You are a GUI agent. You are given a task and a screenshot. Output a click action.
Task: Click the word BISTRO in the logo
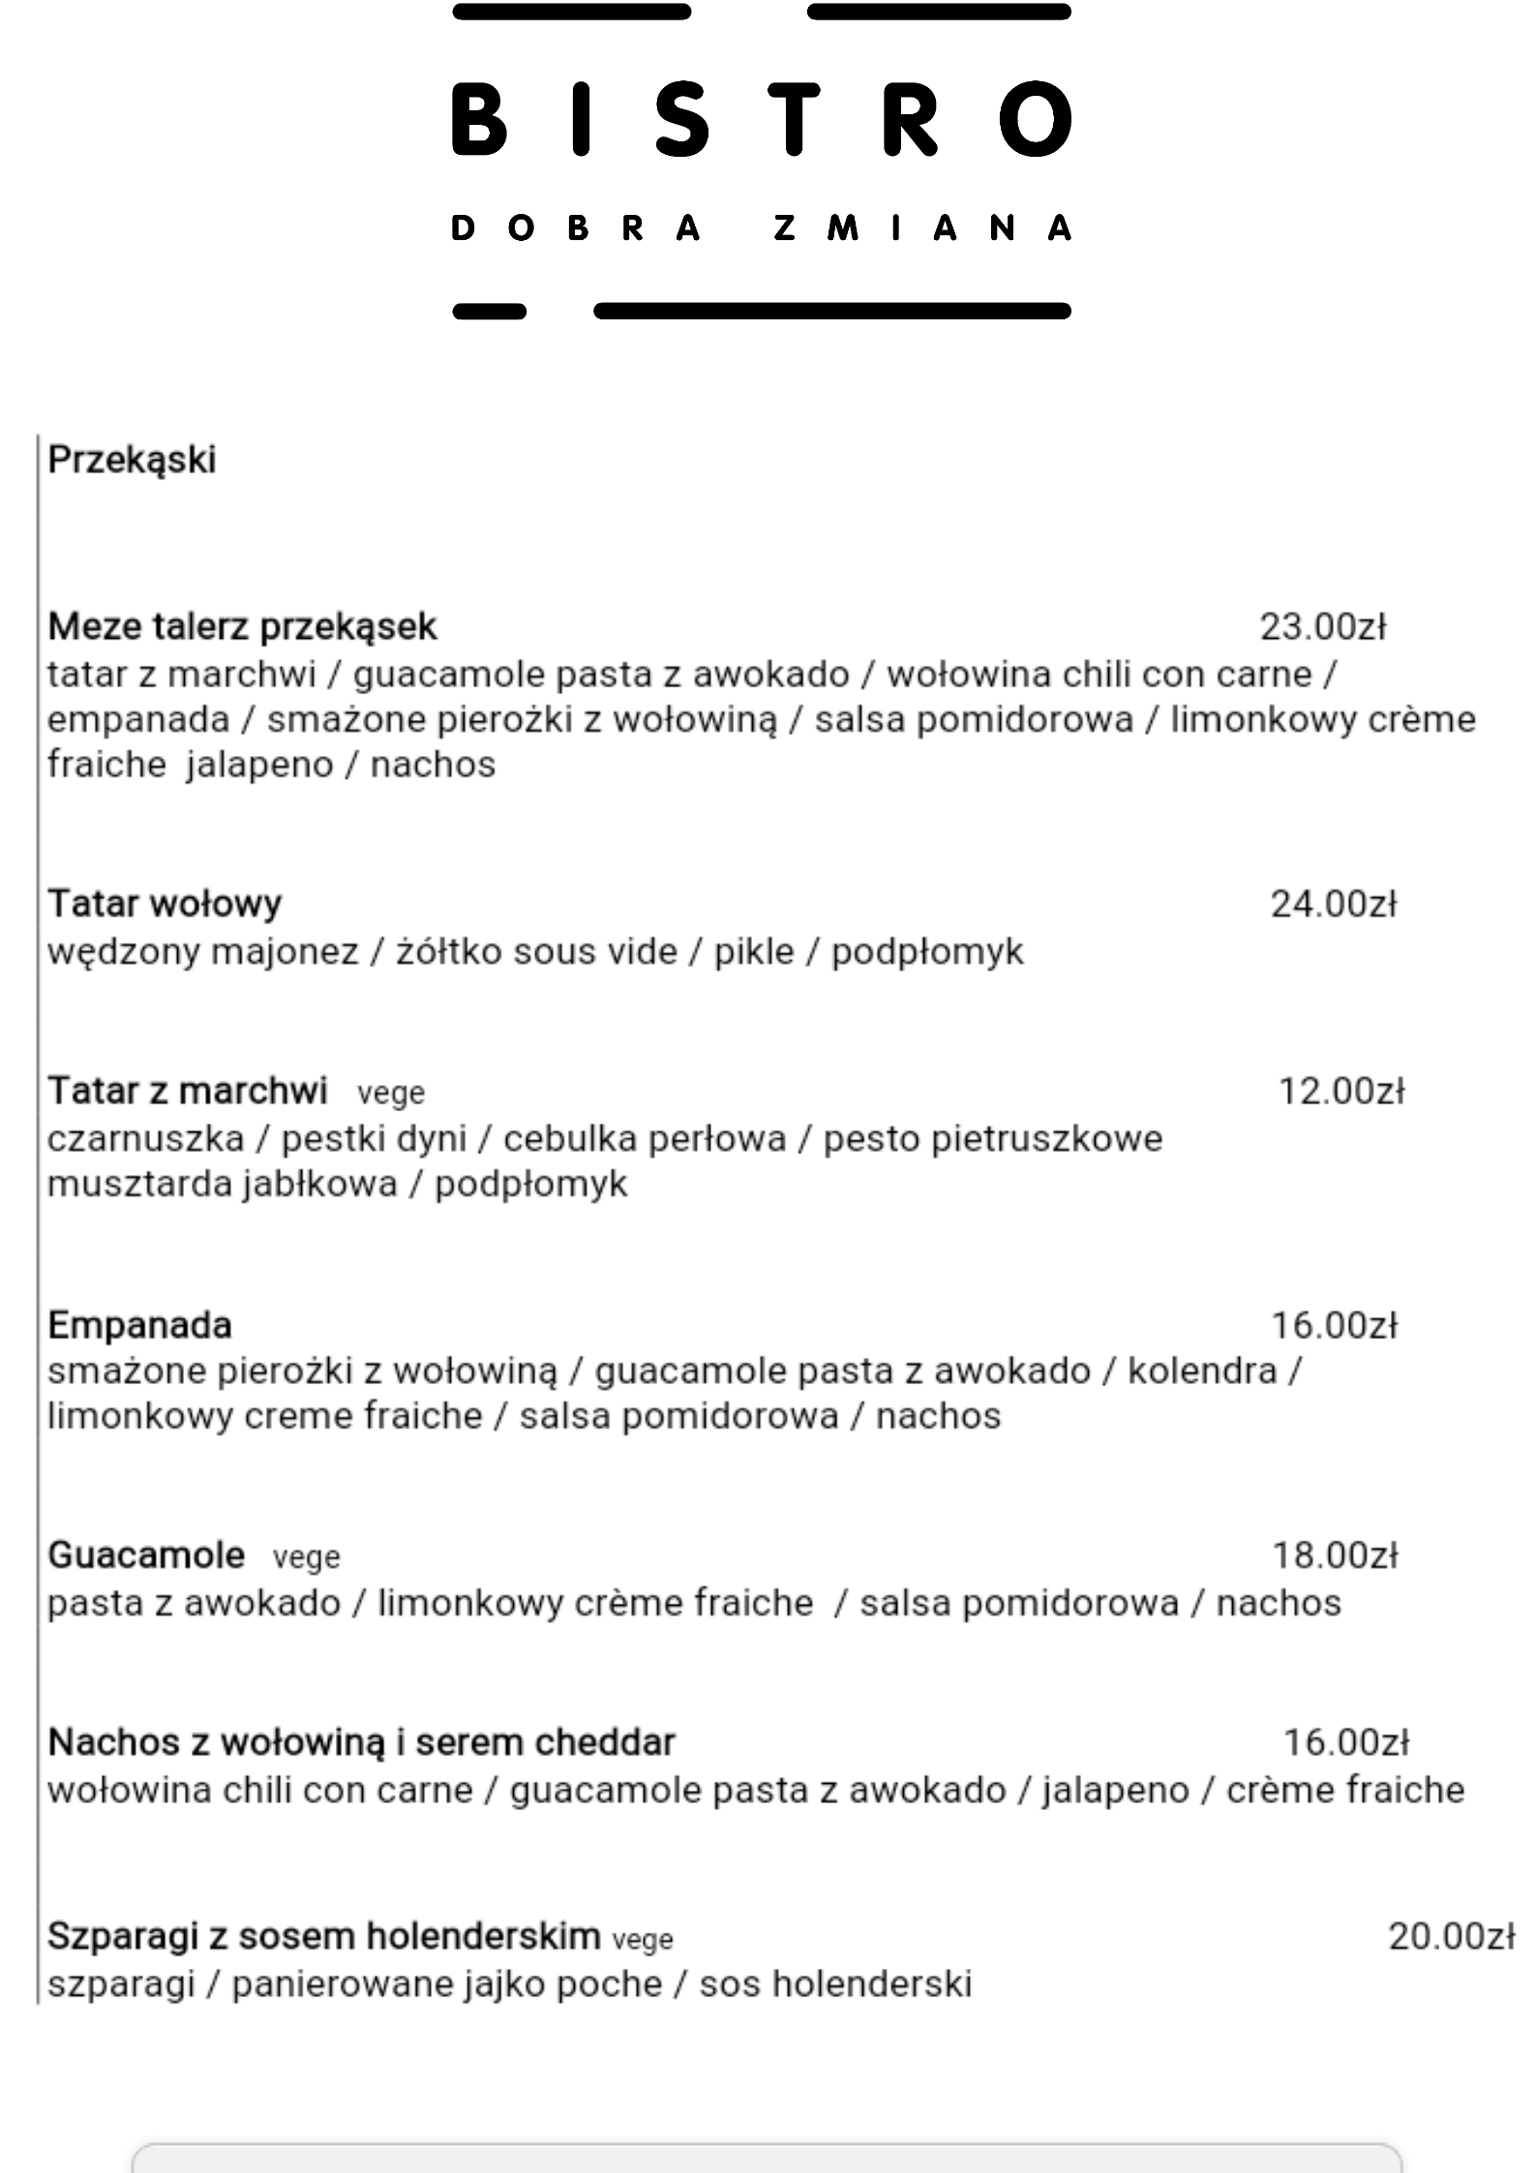click(x=762, y=119)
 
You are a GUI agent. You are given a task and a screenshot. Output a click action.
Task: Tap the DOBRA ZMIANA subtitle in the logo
click(x=762, y=228)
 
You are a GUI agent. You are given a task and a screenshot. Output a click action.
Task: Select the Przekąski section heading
click(x=132, y=460)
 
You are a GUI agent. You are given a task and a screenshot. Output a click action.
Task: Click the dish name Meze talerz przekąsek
click(x=242, y=627)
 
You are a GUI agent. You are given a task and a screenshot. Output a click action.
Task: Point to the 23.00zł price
click(x=1322, y=627)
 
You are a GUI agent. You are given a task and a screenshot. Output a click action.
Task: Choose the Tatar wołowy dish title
click(x=165, y=904)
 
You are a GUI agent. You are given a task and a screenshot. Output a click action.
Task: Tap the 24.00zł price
click(x=1333, y=904)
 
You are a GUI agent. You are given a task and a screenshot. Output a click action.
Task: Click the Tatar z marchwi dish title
click(x=188, y=1091)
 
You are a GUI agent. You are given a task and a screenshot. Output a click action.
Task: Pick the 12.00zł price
click(x=1341, y=1092)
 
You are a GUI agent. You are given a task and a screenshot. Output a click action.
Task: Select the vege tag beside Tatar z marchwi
click(x=391, y=1094)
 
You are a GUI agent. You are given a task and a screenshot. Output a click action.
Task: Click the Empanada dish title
click(x=139, y=1325)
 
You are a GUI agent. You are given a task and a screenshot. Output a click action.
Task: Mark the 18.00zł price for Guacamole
click(x=1335, y=1555)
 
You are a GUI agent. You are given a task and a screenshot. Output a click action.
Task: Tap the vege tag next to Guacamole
click(x=306, y=1557)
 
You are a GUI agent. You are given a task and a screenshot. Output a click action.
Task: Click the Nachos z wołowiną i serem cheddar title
click(x=361, y=1742)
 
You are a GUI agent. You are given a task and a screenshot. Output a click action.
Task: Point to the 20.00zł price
click(x=1451, y=1936)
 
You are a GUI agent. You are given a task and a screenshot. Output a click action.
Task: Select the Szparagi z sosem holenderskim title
click(x=323, y=1936)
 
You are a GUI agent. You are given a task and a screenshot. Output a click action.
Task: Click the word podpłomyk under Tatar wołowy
click(x=926, y=952)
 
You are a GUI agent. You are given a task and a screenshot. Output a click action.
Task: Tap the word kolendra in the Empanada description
click(x=1202, y=1372)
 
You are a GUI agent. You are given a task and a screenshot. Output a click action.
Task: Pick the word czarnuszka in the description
click(x=145, y=1139)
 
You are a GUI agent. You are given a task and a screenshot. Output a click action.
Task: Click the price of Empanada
click(x=1334, y=1325)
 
